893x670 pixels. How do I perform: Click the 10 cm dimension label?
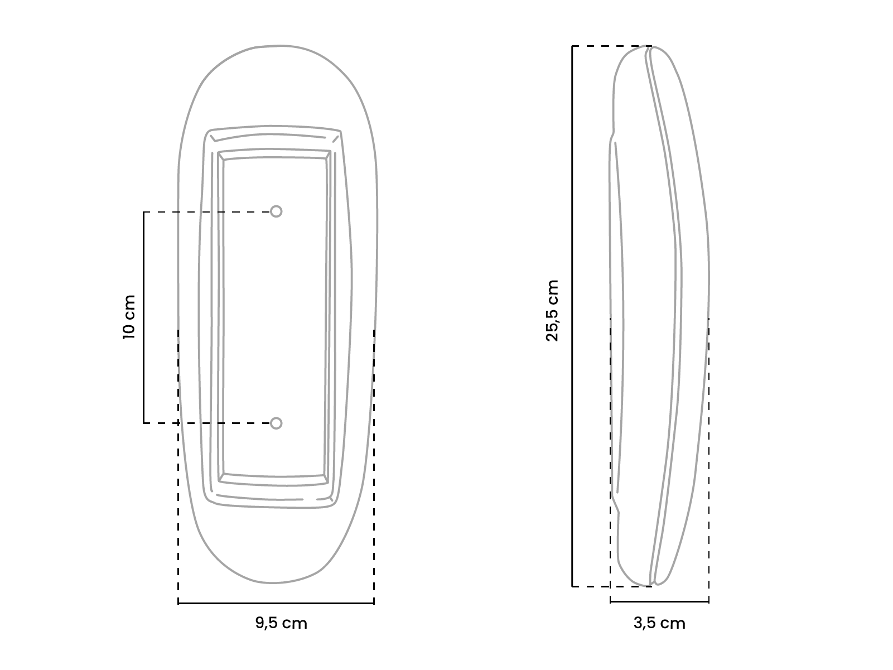point(129,316)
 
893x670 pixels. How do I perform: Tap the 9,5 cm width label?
point(281,623)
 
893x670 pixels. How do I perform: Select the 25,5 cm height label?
point(552,311)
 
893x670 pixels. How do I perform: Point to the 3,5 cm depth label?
point(659,623)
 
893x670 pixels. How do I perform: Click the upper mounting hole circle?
point(276,211)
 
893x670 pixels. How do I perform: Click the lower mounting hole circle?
point(276,423)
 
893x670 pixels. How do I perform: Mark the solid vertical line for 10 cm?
point(144,317)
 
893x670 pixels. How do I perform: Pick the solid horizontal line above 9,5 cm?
point(276,603)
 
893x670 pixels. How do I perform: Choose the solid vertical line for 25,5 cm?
point(572,316)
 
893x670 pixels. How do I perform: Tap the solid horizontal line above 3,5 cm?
point(659,602)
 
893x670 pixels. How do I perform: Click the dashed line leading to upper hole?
point(206,212)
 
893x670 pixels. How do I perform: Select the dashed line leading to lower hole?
point(206,423)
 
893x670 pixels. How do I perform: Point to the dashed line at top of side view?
point(611,46)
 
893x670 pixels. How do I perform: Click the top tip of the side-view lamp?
point(650,47)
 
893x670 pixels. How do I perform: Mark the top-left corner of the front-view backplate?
point(211,132)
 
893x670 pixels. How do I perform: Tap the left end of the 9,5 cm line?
point(178,603)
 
